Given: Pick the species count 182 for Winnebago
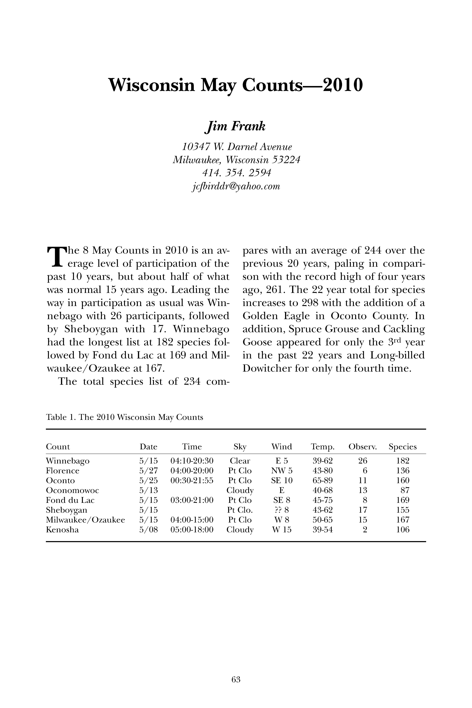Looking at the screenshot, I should (403, 461).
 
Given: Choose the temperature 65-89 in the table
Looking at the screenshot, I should (323, 480).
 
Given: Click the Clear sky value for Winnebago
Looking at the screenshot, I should (240, 461).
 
